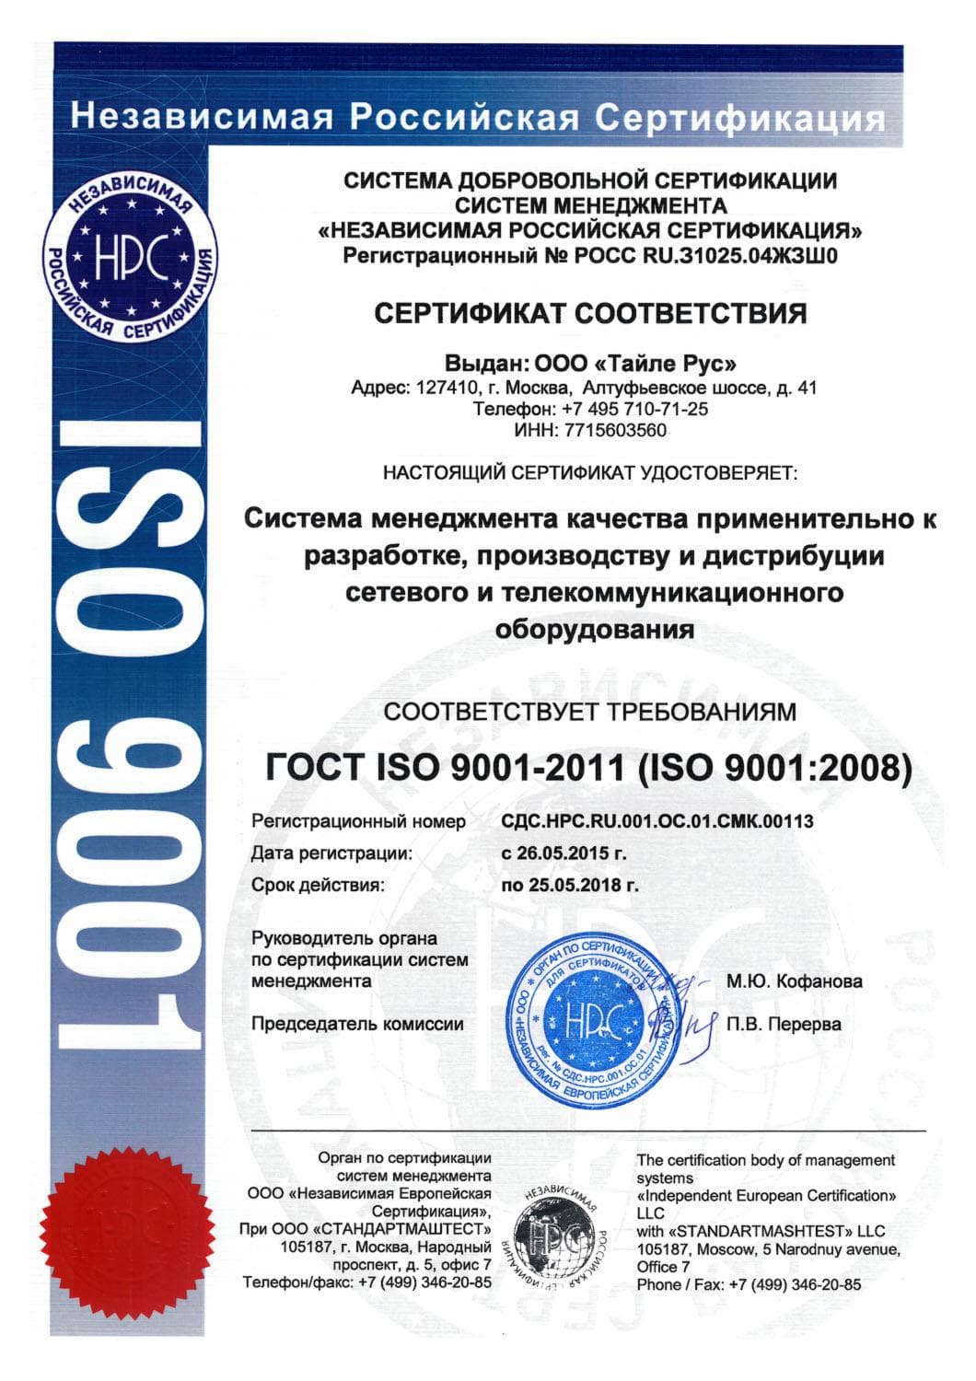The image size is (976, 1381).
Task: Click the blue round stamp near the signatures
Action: (590, 1019)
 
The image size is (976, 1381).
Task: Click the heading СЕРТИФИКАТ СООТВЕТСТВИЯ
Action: (590, 313)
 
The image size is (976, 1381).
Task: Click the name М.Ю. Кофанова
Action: (795, 981)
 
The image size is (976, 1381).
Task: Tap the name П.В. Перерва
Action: (784, 1024)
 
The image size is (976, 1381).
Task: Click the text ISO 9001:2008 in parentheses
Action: (773, 767)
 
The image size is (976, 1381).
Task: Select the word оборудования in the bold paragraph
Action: (594, 631)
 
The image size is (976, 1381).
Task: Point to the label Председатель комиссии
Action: (357, 1024)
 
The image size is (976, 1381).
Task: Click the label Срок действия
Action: (317, 886)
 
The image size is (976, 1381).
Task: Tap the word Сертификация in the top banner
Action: (739, 118)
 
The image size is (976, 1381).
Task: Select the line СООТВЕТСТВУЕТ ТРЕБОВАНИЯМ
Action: (590, 712)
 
